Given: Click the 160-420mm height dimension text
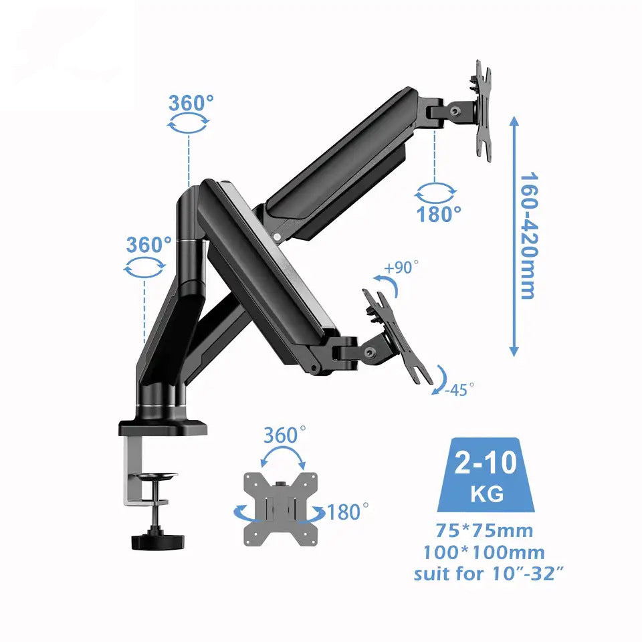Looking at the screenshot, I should (528, 236).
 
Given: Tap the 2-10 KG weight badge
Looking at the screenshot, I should (485, 476).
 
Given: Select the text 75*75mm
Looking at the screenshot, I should (485, 531).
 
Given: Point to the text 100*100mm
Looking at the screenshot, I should (484, 552).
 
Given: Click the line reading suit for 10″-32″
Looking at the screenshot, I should (484, 574).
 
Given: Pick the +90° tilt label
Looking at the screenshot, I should (402, 267).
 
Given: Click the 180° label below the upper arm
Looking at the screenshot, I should (439, 214).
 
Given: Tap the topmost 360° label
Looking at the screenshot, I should (191, 104).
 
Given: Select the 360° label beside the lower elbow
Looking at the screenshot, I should (148, 245).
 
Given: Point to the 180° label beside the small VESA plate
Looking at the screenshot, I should (348, 513).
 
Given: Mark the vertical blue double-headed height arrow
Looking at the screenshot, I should (514, 236).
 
